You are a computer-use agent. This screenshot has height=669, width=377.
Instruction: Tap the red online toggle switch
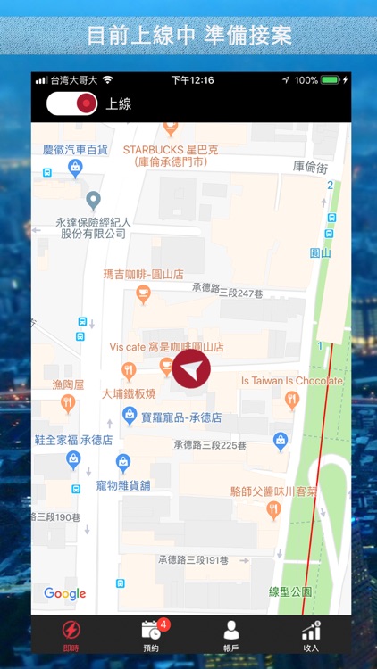[x=71, y=103]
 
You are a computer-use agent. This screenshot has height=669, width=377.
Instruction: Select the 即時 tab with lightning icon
[x=71, y=636]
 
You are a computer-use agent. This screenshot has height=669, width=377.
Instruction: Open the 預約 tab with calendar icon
[x=151, y=636]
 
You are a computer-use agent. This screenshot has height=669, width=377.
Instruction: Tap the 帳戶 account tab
[x=231, y=636]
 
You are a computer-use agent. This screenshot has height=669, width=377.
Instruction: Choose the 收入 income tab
[x=311, y=636]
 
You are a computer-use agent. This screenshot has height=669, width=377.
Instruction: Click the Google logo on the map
[x=65, y=594]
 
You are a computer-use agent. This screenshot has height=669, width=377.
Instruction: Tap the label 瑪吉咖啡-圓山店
[x=144, y=275]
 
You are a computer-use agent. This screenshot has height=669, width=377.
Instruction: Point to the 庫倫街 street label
[x=311, y=166]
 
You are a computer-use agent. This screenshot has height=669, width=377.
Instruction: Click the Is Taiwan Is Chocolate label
[x=292, y=381]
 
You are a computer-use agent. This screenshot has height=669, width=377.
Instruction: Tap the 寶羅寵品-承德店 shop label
[x=175, y=417]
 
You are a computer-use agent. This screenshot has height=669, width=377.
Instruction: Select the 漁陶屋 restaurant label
[x=68, y=385]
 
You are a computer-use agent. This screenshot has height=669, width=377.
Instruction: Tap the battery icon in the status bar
[x=331, y=80]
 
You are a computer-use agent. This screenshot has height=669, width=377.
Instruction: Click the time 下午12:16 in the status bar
[x=192, y=80]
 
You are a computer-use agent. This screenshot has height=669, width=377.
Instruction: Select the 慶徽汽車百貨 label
[x=75, y=149]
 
